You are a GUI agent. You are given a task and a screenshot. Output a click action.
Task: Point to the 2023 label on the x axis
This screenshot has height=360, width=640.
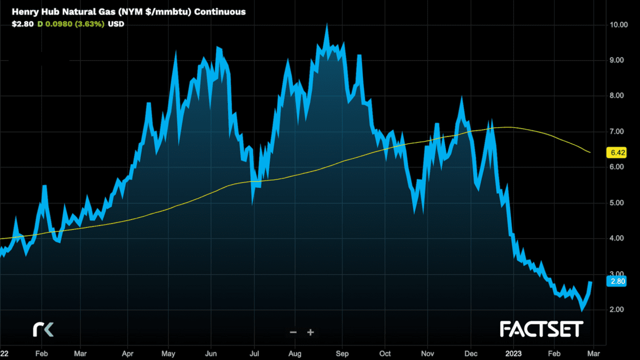[513, 353]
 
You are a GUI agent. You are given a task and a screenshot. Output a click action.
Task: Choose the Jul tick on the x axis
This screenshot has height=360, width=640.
[253, 353]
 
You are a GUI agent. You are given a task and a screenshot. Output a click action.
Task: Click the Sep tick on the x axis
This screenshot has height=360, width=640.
[341, 353]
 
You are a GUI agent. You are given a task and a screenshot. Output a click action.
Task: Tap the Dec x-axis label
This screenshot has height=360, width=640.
[470, 353]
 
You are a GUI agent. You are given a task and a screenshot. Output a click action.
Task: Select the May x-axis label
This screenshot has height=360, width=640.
[168, 353]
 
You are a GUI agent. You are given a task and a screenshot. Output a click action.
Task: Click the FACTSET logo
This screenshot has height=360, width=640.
[541, 329]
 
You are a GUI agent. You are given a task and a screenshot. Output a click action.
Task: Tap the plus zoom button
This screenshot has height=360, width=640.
[310, 332]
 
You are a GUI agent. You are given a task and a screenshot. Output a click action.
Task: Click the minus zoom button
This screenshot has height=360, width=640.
[293, 332]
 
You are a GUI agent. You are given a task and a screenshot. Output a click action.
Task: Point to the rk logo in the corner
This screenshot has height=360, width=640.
[43, 329]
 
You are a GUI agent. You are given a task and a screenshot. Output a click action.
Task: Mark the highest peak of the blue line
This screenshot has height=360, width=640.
[326, 25]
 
